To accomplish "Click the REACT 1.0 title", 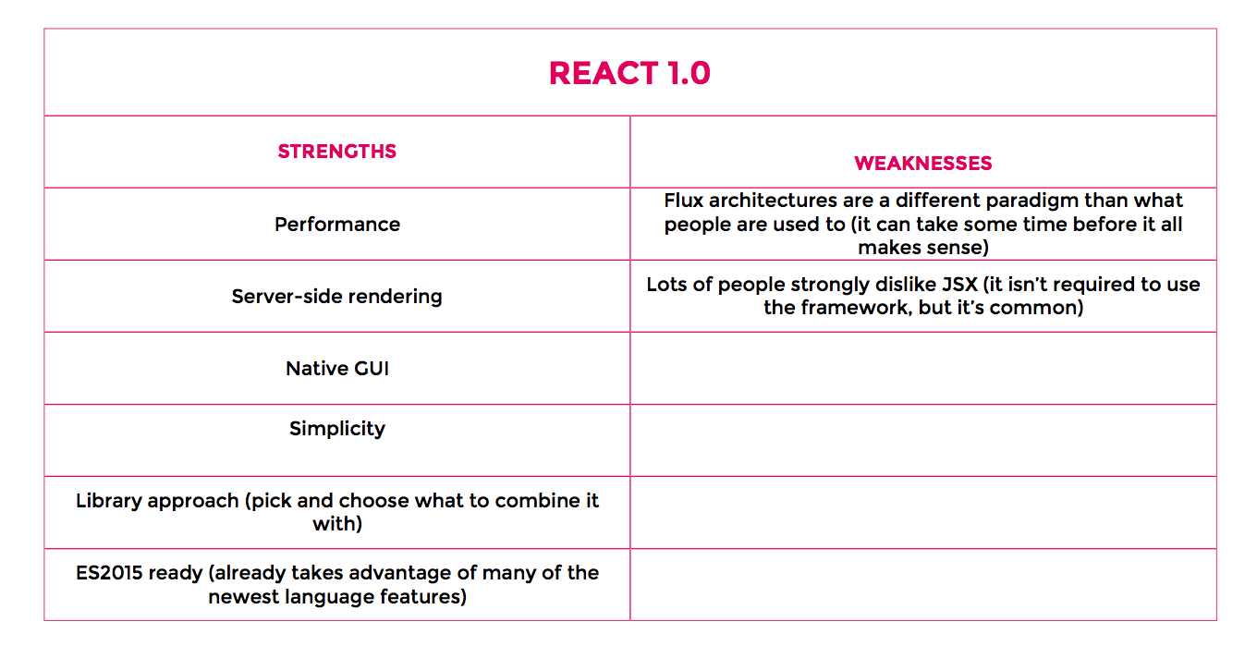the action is point(629,74).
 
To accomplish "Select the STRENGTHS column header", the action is point(336,152).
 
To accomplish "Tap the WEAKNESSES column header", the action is point(923,164).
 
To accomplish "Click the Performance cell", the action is point(337,225).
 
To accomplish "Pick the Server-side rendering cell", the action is point(336,297).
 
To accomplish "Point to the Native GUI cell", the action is point(337,369).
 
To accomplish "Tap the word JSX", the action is point(959,285).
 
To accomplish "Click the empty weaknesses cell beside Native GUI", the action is point(923,368).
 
